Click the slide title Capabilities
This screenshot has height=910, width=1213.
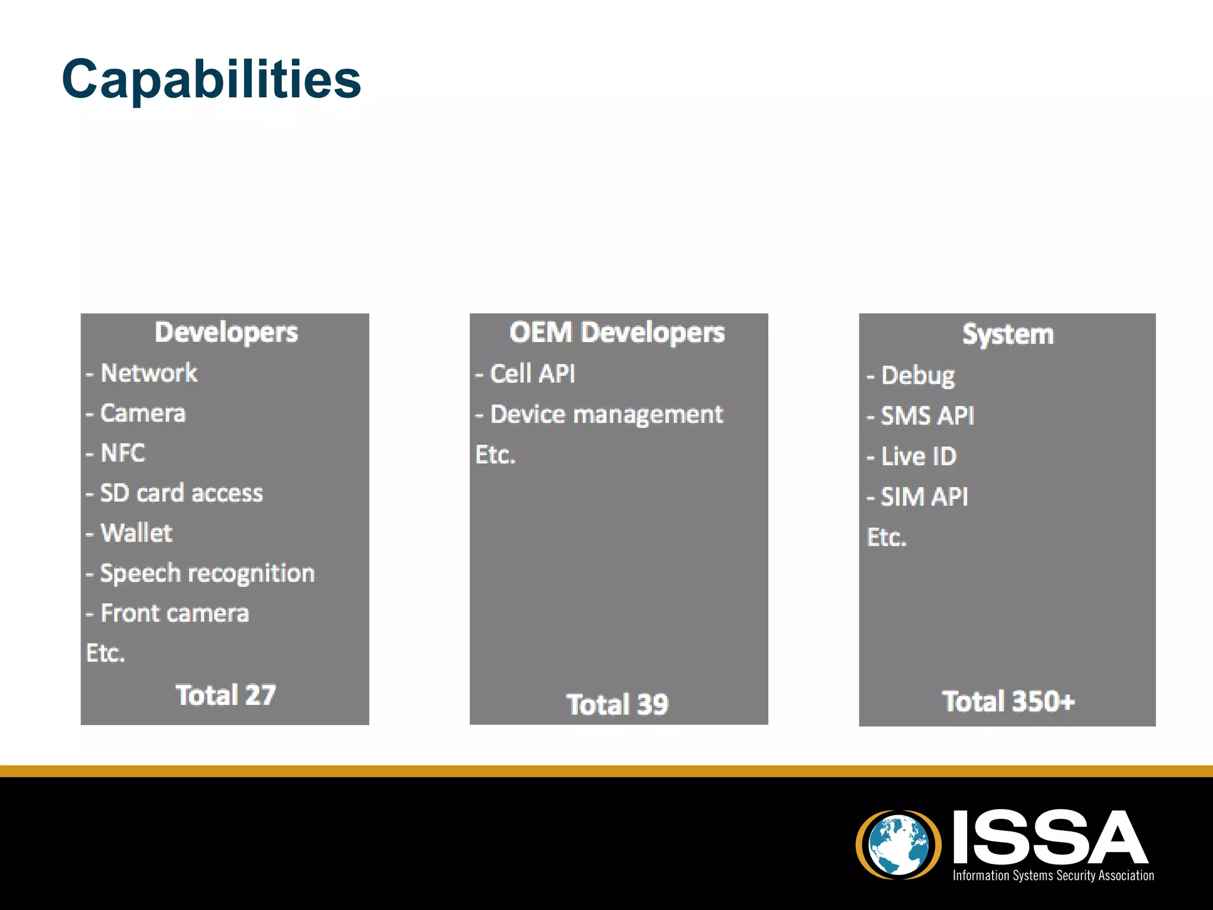(211, 79)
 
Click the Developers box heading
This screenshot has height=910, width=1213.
(226, 332)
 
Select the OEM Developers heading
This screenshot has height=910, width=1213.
(617, 332)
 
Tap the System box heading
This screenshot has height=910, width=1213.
(1007, 335)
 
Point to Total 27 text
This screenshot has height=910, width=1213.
(226, 696)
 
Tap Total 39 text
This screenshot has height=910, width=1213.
(617, 704)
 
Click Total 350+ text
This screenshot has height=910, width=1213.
(1008, 701)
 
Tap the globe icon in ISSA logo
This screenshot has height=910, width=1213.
(898, 845)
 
